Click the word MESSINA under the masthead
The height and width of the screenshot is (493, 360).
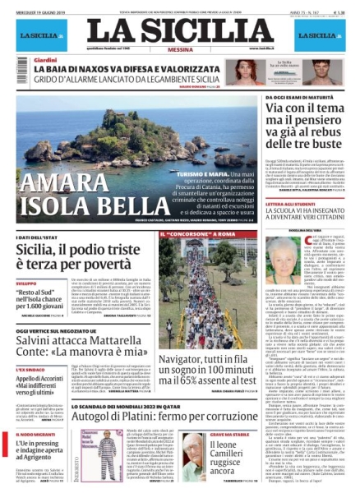[178, 48]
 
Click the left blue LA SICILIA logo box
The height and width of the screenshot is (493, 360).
[43, 35]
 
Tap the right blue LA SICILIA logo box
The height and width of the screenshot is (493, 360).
[316, 35]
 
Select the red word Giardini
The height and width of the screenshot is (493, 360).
[46, 62]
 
